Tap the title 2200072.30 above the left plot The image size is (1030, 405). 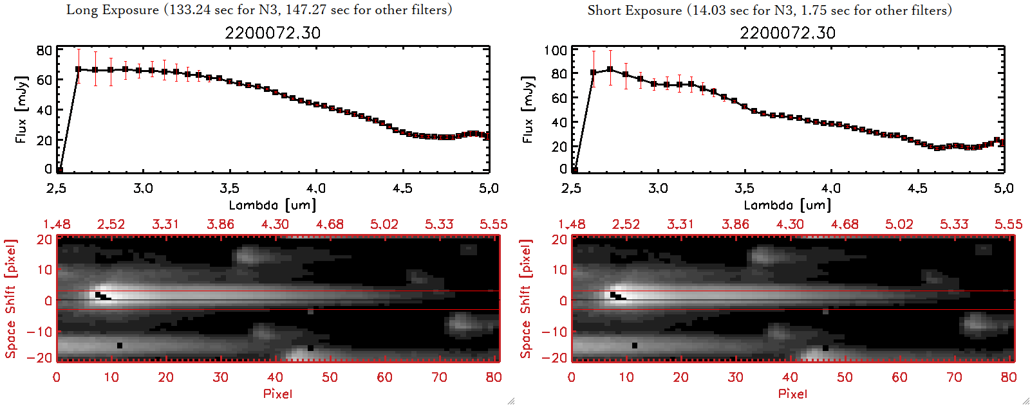[x=272, y=33]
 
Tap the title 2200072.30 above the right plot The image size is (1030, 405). [x=787, y=33]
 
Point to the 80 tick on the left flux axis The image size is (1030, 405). [x=44, y=50]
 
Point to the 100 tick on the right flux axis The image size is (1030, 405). [x=556, y=50]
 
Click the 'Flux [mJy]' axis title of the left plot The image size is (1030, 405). [x=21, y=109]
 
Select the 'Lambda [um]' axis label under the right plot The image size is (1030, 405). [x=787, y=205]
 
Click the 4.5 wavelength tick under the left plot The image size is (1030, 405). [x=402, y=188]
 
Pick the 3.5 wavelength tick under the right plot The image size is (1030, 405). [x=744, y=188]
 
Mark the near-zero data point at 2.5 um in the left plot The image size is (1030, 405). [x=59, y=170]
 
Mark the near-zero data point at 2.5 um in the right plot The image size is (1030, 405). [x=574, y=170]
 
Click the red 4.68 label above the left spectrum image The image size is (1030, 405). [x=330, y=224]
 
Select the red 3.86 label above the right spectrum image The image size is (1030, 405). [x=735, y=224]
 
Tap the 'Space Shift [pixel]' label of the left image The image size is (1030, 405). [x=10, y=299]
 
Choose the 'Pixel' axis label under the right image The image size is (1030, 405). [x=792, y=393]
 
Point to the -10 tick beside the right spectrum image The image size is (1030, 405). [x=554, y=332]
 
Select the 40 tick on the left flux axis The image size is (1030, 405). [x=44, y=110]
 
